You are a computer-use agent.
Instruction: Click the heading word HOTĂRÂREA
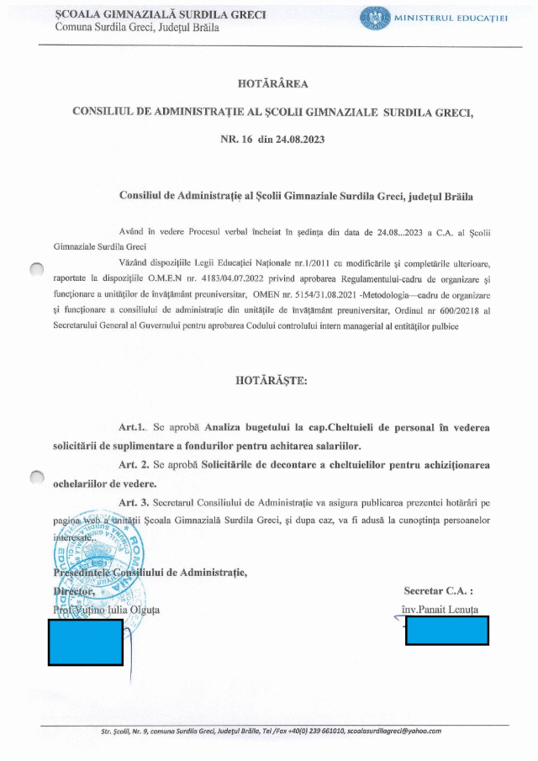point(273,83)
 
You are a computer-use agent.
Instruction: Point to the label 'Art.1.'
point(133,428)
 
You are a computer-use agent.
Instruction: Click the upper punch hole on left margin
point(36,270)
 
